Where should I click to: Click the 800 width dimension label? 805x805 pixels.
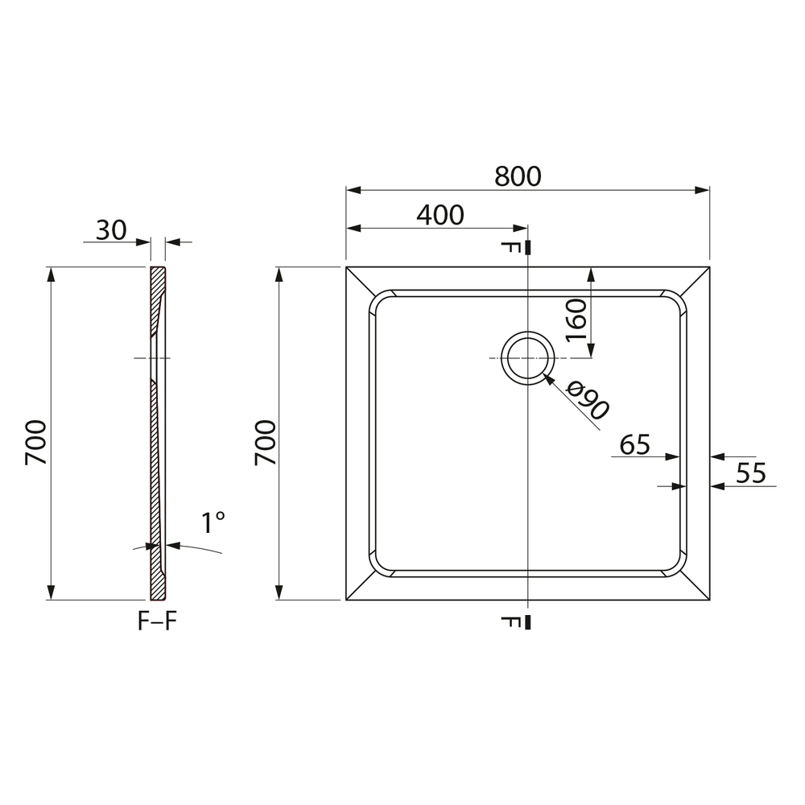point(518,176)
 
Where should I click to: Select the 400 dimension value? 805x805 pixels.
point(440,215)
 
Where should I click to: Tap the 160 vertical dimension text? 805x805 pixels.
point(576,320)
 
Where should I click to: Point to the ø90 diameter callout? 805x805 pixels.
point(588,402)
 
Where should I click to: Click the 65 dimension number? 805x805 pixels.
point(634,444)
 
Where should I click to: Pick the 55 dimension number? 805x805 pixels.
point(750,473)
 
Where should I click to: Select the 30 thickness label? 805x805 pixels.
point(111,230)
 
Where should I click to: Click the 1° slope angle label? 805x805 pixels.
point(213,522)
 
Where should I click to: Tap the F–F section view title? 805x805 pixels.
point(157,621)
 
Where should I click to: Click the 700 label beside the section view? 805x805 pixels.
point(36,443)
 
